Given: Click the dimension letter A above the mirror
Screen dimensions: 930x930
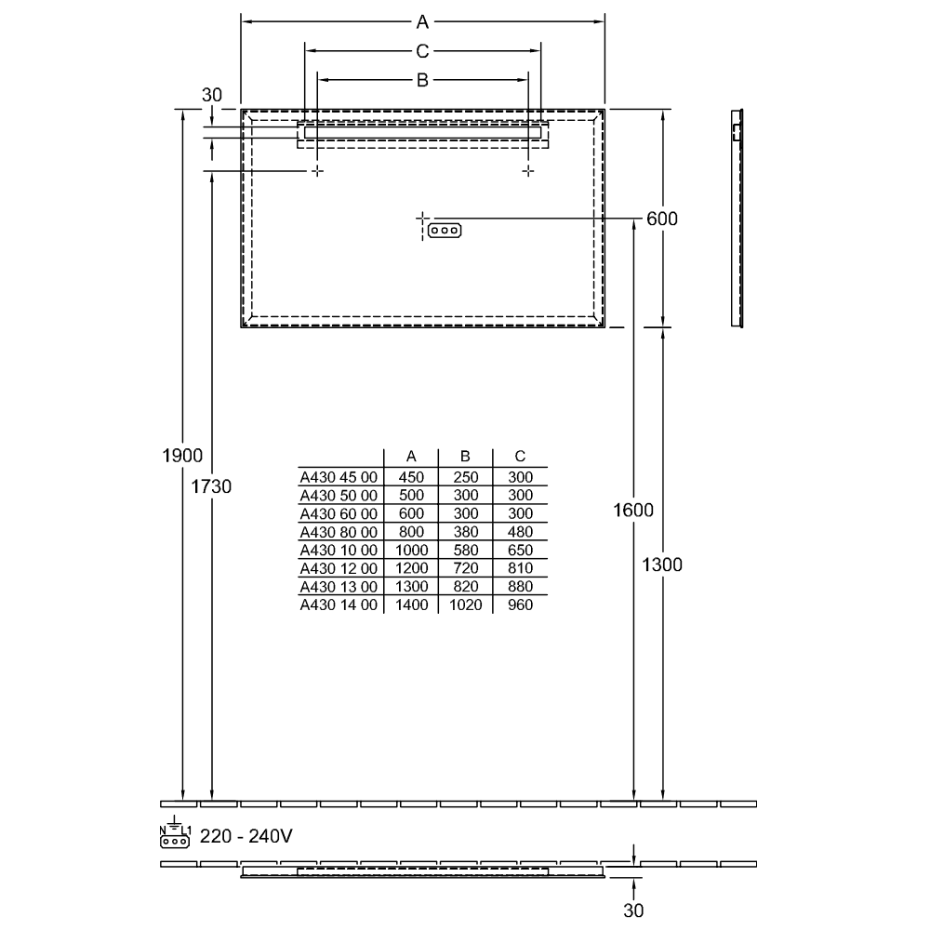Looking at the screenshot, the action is pos(422,22).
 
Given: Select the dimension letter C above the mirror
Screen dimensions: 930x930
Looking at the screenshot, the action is pos(422,51).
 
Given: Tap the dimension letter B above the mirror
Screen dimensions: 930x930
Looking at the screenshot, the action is pos(422,79).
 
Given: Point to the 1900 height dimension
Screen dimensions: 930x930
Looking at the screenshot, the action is pos(182,456).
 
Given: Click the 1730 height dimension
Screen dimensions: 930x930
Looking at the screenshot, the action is pos(211,486).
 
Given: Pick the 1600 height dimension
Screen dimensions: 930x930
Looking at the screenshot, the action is pos(633,510).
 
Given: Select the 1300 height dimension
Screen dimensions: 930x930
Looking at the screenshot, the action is pos(662,565).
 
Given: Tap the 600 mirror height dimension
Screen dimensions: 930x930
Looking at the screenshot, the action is pos(662,219).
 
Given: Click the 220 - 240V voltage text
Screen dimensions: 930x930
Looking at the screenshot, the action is pos(246,836).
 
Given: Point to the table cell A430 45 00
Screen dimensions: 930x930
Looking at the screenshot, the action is pos(339,477).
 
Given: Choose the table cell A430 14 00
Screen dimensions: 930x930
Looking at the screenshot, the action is pos(339,605).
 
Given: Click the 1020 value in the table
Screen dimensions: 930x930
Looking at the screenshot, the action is pos(466,605).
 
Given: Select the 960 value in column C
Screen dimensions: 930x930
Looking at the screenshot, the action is pos(520,605).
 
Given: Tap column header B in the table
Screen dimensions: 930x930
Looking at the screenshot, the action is pos(465,456).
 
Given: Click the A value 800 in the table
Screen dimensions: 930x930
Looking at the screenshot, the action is pos(412,532).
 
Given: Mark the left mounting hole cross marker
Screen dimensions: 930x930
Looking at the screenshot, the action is pos(318,171).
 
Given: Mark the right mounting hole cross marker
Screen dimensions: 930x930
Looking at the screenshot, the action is pos(528,171).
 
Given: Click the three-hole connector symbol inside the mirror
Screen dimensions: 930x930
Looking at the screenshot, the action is pos(445,230).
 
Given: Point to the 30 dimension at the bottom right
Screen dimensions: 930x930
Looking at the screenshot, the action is pos(633,910).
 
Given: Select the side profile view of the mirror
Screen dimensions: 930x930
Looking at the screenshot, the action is pos(737,219).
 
